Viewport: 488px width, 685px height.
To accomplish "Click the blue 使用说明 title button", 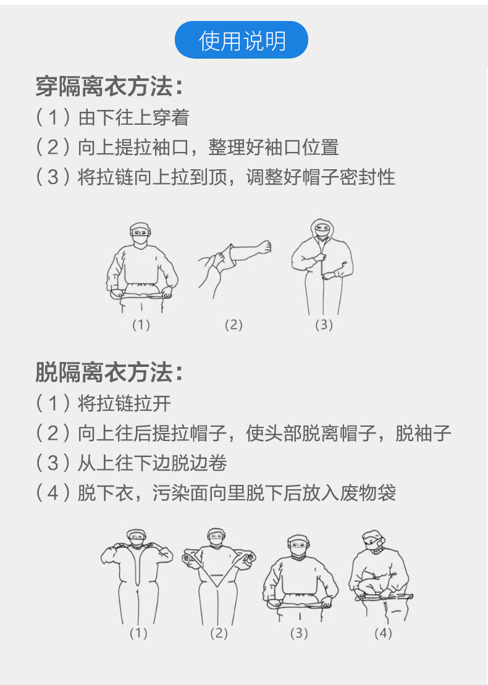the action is click(241, 40).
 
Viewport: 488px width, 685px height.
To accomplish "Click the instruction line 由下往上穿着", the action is click(133, 117).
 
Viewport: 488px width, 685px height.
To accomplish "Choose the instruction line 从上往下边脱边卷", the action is click(152, 463).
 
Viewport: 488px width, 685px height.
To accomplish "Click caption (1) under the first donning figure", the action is click(141, 325).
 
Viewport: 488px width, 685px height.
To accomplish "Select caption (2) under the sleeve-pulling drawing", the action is click(233, 325).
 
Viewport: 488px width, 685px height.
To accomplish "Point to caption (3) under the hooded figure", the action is click(324, 325).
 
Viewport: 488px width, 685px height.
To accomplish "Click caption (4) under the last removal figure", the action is click(383, 633).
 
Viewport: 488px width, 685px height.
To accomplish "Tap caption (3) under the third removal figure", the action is click(299, 633).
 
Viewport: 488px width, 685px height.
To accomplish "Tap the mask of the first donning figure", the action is click(141, 240).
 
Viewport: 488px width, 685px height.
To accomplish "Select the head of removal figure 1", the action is click(137, 537).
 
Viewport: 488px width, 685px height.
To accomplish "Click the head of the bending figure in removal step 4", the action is click(372, 542).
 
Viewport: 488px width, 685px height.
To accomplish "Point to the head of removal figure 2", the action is click(216, 537).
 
